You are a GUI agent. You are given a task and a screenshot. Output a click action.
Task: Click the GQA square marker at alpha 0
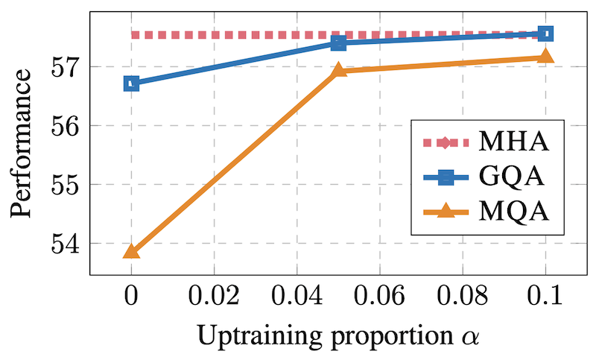132,83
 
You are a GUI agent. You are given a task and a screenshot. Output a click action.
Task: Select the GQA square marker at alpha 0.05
338,42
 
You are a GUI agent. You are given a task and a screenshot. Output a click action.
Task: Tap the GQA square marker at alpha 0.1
545,34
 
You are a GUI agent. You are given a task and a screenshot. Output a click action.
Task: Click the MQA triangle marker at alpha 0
132,252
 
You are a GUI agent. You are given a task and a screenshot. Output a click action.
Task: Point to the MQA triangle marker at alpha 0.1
545,56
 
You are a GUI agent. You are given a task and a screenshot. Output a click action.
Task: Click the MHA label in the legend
513,142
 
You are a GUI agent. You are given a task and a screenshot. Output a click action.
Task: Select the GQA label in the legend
511,177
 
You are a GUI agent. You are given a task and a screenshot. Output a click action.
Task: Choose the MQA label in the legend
513,212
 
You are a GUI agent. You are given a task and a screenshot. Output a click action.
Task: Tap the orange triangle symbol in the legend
446,211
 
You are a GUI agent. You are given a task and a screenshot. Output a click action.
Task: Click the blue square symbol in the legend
446,177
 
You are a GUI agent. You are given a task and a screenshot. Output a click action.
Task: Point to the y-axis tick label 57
66,67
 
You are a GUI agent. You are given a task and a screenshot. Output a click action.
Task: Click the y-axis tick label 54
66,243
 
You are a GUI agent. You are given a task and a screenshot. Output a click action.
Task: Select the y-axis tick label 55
66,184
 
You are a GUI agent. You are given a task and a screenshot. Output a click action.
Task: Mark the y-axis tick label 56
66,125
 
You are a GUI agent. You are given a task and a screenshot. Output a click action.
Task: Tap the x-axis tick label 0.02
214,295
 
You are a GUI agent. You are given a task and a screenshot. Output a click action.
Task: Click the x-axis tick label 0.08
462,295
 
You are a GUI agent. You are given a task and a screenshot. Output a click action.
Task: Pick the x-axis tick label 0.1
545,295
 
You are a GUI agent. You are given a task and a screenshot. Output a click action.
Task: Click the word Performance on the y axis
21,143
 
